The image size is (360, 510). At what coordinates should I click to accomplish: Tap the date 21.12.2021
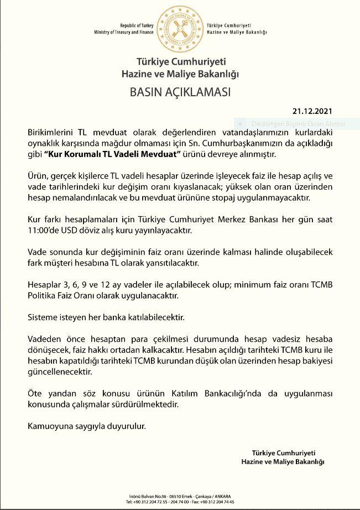tap(314, 110)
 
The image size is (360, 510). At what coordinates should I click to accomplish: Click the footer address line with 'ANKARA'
tap(180, 496)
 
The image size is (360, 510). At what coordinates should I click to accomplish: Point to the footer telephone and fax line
tap(180, 502)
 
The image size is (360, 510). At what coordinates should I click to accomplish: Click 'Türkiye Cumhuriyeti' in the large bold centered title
tap(180, 61)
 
